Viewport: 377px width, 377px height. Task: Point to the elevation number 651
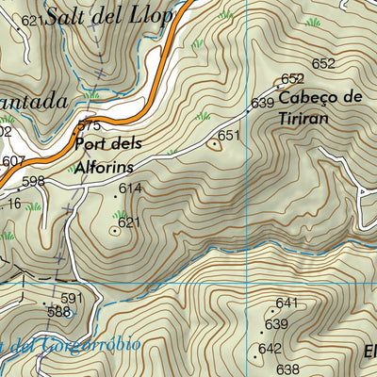[x=230, y=137]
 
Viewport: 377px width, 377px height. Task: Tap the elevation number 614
[x=130, y=189]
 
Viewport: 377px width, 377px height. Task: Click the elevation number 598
[x=33, y=181]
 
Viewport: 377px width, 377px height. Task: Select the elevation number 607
[x=12, y=161]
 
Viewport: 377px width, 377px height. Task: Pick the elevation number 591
[x=73, y=299]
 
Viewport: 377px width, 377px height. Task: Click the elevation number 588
[x=58, y=312]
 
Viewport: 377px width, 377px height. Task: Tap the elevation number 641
[x=287, y=303]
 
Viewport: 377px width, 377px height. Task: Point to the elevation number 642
[x=270, y=349]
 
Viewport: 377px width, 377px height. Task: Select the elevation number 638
[x=287, y=369]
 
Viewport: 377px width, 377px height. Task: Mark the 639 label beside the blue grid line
[x=262, y=103]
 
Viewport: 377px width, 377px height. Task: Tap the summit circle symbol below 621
[x=115, y=229]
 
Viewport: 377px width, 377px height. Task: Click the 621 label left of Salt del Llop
[x=32, y=20]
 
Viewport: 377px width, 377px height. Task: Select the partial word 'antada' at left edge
[x=34, y=100]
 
